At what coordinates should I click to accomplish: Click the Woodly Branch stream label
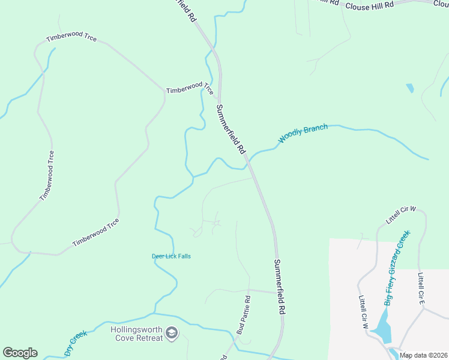(x=303, y=134)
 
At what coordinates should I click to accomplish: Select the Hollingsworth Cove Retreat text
(x=137, y=334)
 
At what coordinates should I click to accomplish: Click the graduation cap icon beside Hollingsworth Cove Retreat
(x=172, y=333)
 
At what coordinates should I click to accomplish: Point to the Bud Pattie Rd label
(x=243, y=314)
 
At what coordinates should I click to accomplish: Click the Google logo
(x=20, y=353)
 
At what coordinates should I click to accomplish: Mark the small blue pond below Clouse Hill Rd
(x=410, y=88)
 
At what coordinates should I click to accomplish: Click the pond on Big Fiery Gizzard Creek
(x=381, y=327)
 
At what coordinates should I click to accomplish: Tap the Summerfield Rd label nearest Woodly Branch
(x=231, y=128)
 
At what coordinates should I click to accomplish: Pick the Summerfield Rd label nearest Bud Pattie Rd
(x=279, y=287)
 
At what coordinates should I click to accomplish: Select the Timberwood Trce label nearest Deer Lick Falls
(x=95, y=233)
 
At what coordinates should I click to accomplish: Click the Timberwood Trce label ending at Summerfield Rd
(x=190, y=88)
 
